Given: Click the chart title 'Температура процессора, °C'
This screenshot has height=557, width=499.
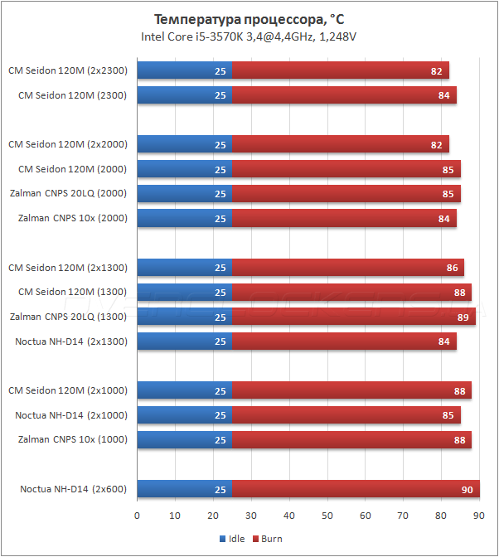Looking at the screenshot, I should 249,20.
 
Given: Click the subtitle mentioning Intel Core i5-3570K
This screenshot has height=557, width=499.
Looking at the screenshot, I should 249,36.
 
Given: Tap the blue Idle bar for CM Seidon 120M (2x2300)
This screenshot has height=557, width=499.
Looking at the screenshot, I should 184,71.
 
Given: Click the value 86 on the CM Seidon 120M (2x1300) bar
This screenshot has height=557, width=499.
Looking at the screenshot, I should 452,268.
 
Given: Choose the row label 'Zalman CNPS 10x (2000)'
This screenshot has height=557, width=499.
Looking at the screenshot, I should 73,219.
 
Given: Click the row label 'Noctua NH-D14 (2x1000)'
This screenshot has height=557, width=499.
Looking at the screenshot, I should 71,415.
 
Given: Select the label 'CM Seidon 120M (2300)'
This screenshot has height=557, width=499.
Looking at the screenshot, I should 73,95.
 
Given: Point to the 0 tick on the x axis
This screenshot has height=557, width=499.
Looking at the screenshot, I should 138,516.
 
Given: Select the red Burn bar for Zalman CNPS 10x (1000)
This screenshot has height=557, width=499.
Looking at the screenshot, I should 351,440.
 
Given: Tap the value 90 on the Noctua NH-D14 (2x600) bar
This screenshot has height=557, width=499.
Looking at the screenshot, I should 467,490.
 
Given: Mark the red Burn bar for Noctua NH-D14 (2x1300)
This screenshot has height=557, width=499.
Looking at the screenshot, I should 343,341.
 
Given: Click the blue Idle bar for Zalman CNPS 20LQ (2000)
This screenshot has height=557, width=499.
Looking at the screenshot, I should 184,194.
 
